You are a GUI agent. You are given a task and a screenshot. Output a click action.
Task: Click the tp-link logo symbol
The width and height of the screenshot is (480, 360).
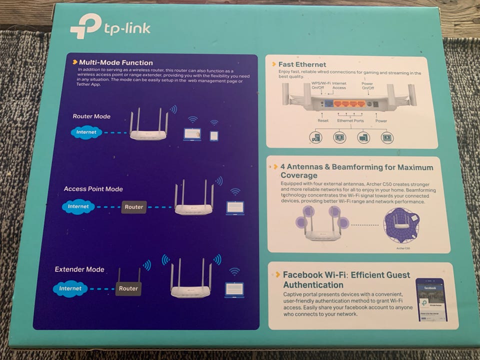85,26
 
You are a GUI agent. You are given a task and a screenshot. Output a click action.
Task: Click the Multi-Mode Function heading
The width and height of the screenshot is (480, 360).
115,62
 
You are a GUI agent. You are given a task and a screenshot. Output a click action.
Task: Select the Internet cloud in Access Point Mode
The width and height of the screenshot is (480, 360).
78,206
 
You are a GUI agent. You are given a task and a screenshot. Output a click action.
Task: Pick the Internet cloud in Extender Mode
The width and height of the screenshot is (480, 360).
70,288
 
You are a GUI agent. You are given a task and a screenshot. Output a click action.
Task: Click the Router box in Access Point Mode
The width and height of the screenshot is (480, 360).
134,207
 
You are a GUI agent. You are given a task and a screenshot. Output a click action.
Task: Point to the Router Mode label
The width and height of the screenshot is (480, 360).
91,116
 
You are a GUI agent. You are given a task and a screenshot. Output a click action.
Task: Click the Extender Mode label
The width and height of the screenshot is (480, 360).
79,269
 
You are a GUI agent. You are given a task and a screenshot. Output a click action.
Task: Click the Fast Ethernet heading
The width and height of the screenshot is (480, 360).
302,64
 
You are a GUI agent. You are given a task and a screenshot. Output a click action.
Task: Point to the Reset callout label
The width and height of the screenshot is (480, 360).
323,121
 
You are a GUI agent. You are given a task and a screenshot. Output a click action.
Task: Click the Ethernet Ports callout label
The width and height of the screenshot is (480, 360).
350,121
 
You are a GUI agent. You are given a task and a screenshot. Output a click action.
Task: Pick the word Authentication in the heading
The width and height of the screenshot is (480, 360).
313,285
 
